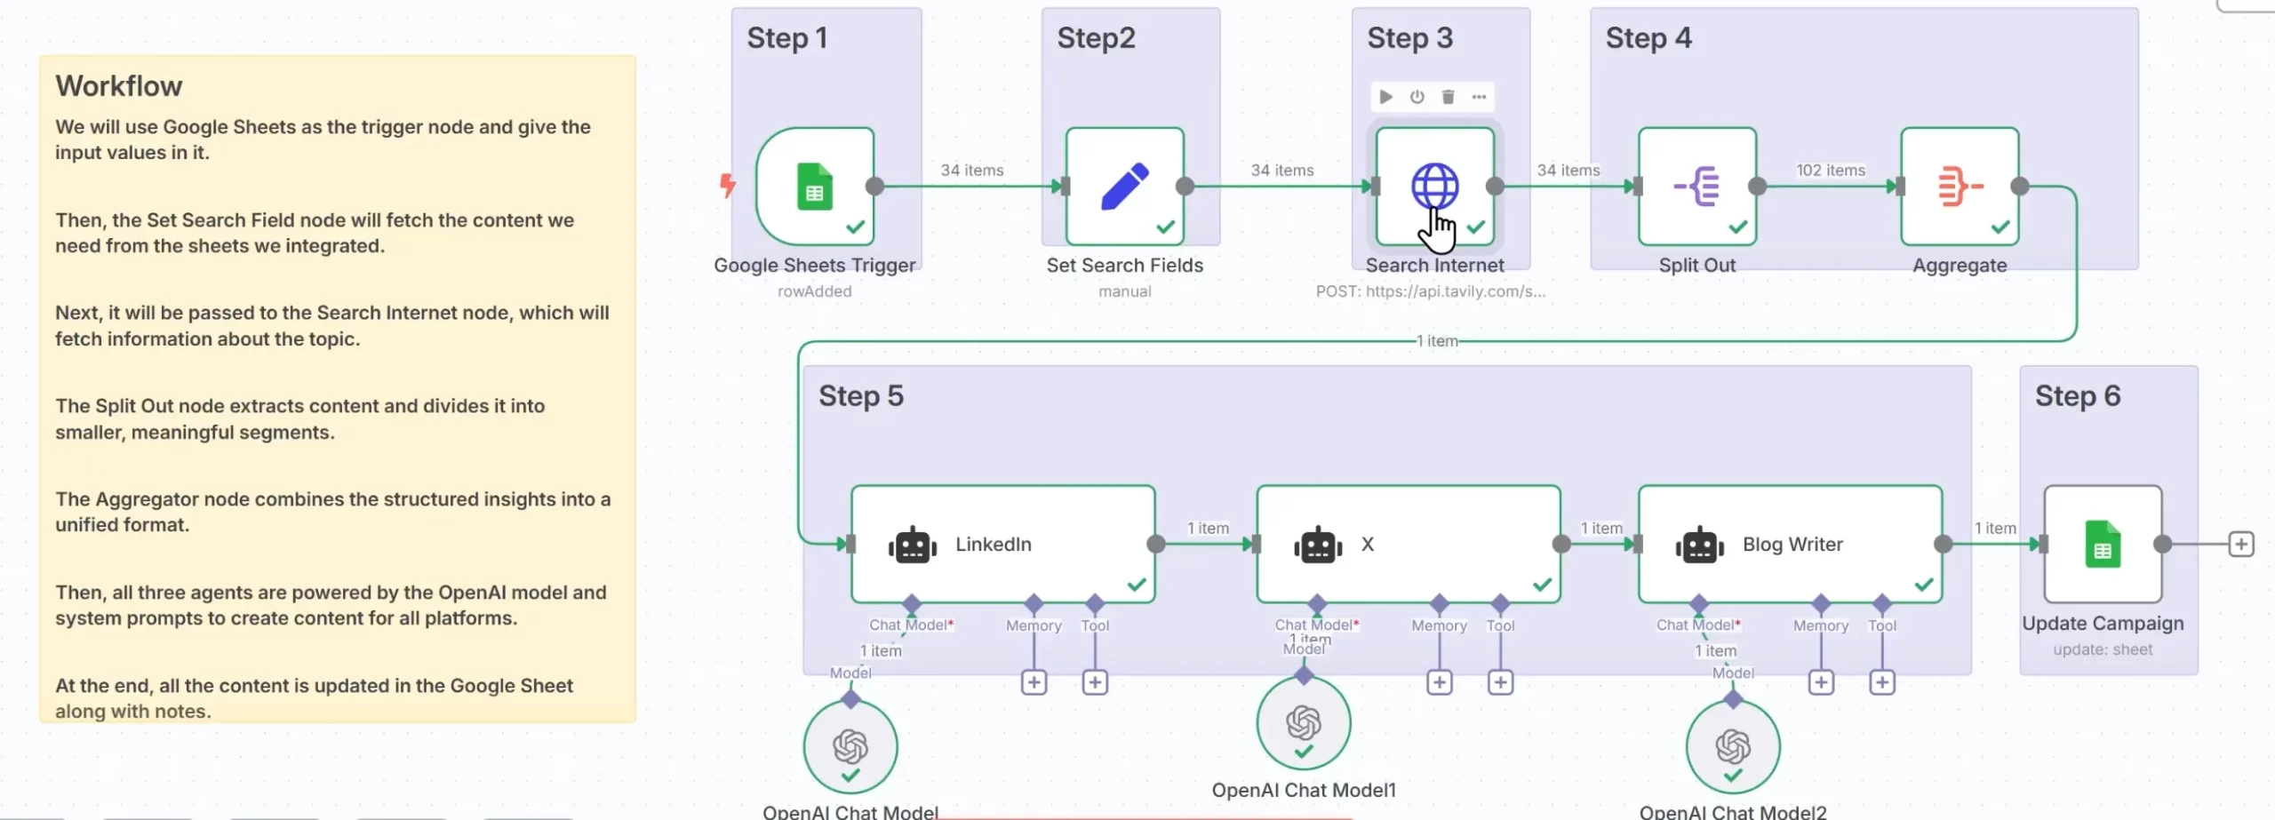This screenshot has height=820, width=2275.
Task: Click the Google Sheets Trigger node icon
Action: pos(814,187)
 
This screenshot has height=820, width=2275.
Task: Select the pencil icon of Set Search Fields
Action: pos(1124,187)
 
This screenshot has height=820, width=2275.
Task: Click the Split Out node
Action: pos(1696,187)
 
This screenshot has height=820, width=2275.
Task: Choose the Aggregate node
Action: pos(1959,187)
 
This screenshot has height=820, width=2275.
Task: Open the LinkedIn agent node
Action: pos(1002,544)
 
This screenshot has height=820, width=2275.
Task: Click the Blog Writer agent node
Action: pos(1790,544)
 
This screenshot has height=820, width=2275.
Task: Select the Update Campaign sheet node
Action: pos(2102,544)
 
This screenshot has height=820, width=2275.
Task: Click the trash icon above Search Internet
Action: pos(1448,97)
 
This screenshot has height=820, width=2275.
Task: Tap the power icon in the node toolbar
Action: pos(1417,97)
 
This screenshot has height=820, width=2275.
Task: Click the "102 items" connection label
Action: pos(1831,170)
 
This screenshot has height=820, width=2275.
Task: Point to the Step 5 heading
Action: pos(860,395)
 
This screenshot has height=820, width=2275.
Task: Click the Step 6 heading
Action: pos(2077,395)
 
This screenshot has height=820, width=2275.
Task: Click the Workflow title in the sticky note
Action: pos(118,86)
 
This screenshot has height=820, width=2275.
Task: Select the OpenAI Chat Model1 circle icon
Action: pos(1303,723)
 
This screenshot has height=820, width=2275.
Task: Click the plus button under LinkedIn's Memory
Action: pos(1034,682)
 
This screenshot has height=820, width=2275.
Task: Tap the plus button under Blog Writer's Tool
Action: pos(1881,682)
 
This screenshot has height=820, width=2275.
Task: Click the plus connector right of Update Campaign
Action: pos(2240,544)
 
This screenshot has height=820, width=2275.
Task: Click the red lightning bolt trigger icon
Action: pos(728,185)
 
